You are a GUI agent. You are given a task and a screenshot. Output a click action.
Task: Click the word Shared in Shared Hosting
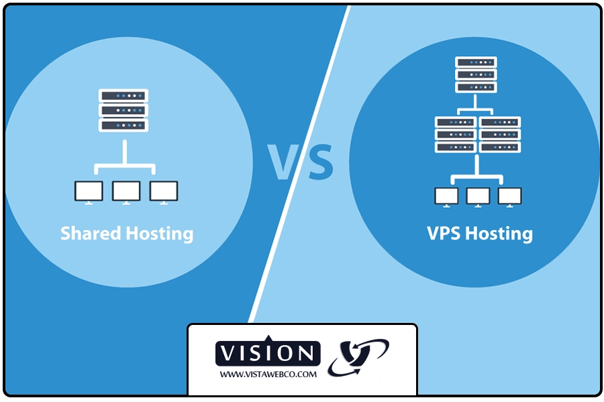[91, 233]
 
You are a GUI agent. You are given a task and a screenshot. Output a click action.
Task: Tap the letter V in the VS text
[283, 162]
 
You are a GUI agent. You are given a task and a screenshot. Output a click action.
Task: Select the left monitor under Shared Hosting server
[89, 192]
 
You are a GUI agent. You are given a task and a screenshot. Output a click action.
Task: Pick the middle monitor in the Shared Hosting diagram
[126, 192]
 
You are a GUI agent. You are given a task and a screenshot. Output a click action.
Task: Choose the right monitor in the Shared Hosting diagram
[164, 192]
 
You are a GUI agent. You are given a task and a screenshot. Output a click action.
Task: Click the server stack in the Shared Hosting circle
[123, 111]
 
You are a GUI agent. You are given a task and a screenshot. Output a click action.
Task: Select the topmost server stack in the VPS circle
[476, 74]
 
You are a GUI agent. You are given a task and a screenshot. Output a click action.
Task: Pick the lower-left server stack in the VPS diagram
[456, 135]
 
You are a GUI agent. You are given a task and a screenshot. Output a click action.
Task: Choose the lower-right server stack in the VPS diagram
[499, 135]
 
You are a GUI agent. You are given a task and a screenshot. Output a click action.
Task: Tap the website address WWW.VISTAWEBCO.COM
[268, 375]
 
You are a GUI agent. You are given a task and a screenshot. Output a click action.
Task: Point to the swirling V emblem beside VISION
[358, 357]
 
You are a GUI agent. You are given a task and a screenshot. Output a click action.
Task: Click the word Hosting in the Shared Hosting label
[160, 234]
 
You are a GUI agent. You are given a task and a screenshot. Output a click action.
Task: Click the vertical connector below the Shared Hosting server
[125, 153]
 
